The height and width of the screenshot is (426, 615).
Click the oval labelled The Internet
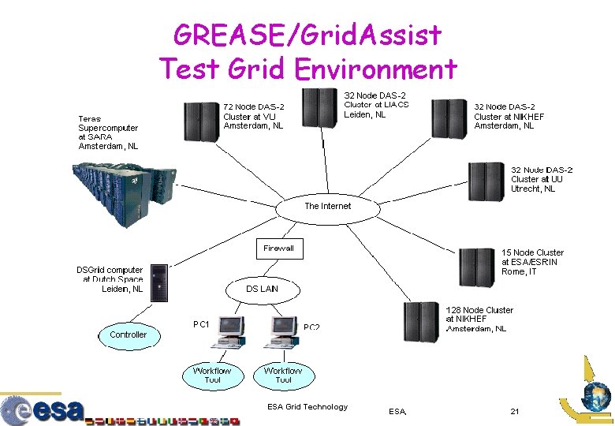[327, 207]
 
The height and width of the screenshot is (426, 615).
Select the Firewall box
[278, 248]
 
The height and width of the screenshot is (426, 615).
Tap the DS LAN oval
[262, 290]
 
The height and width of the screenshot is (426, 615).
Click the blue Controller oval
[128, 335]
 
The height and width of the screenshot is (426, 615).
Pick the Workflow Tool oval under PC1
[212, 376]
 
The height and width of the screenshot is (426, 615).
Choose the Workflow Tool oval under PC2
[283, 376]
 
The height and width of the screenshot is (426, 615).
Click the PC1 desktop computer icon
[232, 331]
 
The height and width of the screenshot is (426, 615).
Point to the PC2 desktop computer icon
[283, 331]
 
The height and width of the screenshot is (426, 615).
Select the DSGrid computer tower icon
[158, 282]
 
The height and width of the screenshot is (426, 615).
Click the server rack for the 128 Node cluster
[422, 321]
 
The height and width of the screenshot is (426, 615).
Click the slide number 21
[514, 411]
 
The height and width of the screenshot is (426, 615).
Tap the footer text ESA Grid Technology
[307, 407]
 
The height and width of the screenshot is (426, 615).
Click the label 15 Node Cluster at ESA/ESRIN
[532, 262]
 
